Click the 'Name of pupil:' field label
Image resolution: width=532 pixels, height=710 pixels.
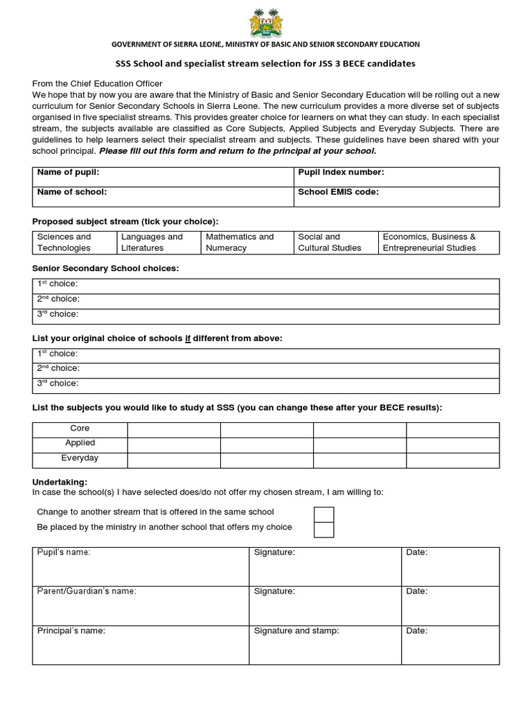point(69,173)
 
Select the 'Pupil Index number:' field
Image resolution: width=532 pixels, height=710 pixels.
point(341,173)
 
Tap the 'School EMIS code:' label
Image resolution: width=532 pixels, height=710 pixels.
point(338,192)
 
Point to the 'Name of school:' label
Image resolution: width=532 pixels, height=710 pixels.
point(71,192)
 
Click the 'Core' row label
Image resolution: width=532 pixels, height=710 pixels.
point(80,428)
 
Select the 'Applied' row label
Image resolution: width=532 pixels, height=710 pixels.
point(80,443)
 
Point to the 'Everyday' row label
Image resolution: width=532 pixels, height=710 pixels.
point(80,458)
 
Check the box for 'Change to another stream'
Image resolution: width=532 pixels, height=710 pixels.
point(323,514)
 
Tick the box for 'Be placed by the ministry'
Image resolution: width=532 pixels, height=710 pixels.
point(323,529)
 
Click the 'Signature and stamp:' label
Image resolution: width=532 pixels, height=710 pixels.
point(296,631)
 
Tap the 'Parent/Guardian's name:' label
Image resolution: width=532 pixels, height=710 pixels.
point(86,591)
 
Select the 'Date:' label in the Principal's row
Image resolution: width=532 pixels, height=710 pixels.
point(417,631)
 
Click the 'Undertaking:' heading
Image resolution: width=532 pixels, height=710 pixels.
point(60,482)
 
